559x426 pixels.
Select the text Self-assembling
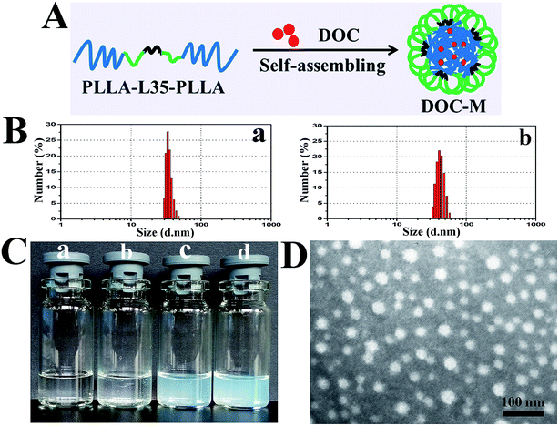tap(319, 68)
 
